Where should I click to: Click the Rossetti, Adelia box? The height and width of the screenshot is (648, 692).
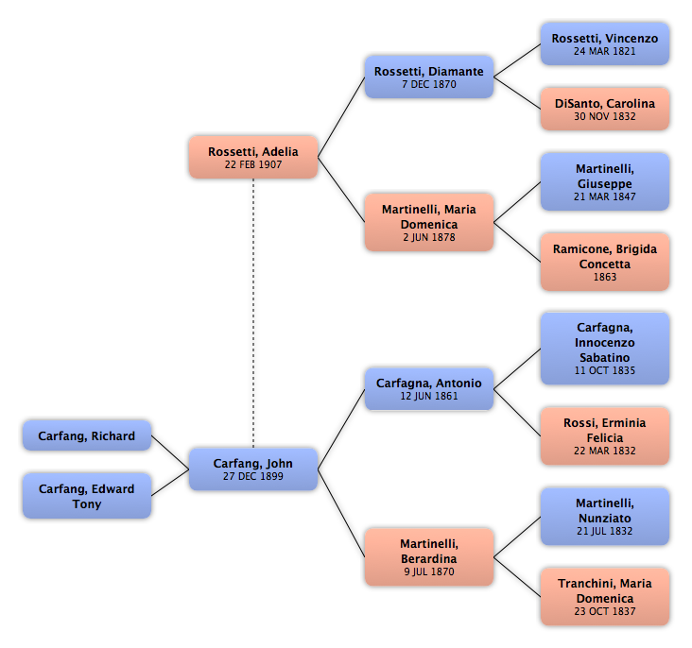pos(253,157)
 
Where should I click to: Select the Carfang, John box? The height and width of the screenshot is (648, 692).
pos(253,469)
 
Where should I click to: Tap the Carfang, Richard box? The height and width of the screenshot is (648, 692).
pos(87,435)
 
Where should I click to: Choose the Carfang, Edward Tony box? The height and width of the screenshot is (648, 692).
pos(87,496)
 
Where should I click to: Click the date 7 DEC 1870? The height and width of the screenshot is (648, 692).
pos(429,84)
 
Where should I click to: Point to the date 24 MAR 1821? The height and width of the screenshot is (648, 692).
pos(605,51)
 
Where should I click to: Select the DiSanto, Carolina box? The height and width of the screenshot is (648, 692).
pos(605,109)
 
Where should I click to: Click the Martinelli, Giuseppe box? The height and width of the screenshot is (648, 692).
pos(605,181)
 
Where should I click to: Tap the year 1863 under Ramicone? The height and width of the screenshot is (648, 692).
pos(605,277)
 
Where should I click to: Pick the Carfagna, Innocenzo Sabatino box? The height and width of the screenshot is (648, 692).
pos(605,349)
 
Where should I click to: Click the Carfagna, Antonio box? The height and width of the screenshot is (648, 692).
pos(429,388)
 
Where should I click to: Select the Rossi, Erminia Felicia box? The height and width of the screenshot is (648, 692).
pos(605,435)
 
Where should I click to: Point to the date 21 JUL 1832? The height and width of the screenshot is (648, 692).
pos(605,531)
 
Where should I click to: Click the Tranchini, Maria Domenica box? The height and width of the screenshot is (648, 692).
pos(605,597)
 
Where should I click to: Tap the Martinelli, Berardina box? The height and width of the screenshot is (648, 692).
pos(429,557)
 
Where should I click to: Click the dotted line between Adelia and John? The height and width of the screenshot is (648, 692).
pos(253,314)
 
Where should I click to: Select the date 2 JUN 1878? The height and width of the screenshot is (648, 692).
pos(429,237)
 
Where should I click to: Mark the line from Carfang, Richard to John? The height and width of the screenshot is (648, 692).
pos(170,452)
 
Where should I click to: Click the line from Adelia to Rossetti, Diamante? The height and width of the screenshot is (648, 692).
pos(341,117)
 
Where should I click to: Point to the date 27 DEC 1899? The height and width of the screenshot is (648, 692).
pos(253,476)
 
